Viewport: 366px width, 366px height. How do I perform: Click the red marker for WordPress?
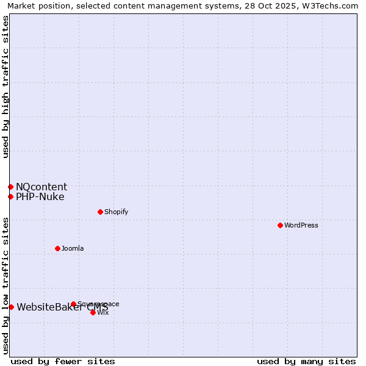[x=280, y=225]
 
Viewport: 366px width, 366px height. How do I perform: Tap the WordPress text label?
[x=301, y=225]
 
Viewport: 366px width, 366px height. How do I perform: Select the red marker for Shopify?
[x=100, y=212]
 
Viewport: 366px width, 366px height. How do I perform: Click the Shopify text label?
[x=116, y=212]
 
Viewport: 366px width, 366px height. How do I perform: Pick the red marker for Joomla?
[x=57, y=248]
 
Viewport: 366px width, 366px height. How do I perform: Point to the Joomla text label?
[x=73, y=248]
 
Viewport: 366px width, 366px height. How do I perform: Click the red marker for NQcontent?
[x=10, y=187]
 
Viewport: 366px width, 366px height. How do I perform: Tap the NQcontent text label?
[x=41, y=187]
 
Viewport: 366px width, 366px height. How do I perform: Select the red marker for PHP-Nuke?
[x=10, y=196]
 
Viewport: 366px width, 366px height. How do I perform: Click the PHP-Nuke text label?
[x=40, y=196]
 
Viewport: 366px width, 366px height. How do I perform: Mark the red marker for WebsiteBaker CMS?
[x=11, y=307]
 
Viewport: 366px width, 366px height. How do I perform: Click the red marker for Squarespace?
[x=73, y=304]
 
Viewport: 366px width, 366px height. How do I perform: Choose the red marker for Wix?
[x=93, y=312]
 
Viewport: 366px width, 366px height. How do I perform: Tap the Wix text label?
[x=103, y=312]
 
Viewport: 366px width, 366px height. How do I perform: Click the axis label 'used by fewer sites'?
[x=63, y=361]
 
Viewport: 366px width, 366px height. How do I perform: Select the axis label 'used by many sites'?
[x=306, y=361]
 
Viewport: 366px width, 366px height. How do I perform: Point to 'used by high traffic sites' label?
[x=5, y=87]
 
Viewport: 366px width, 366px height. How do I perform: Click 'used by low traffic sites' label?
[x=5, y=285]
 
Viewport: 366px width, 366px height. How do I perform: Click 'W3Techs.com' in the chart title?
[x=331, y=5]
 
